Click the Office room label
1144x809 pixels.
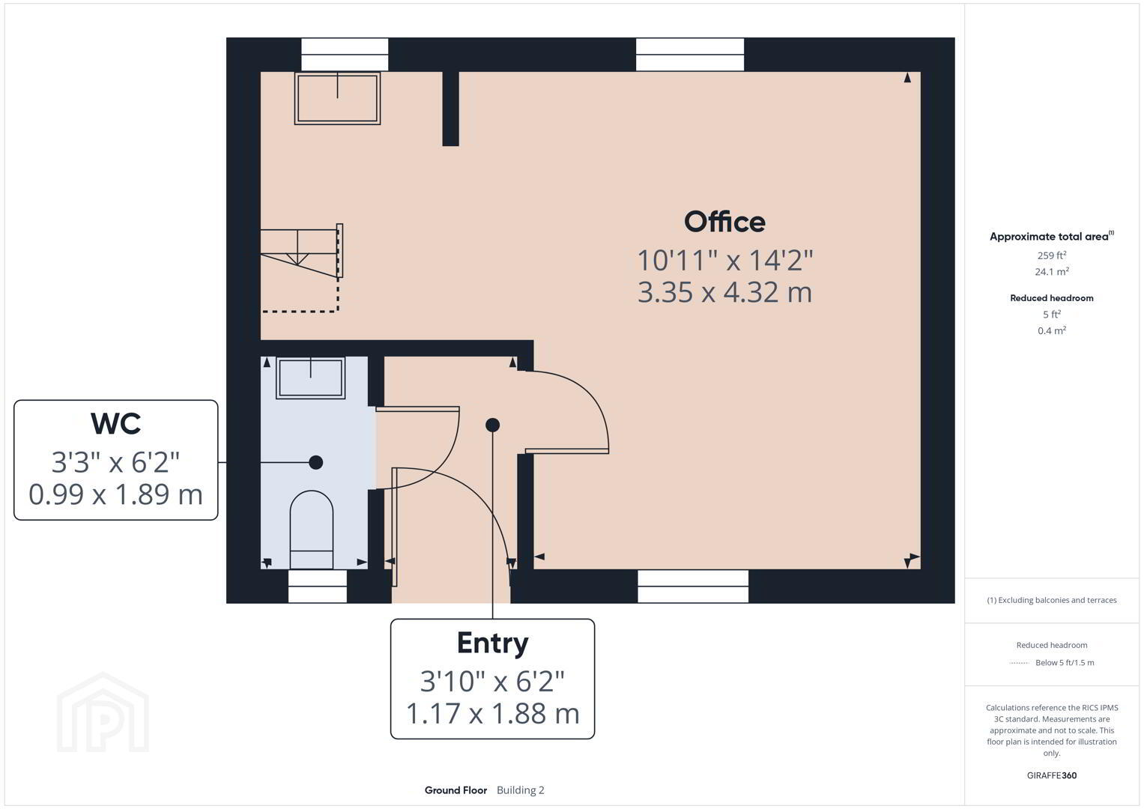724,222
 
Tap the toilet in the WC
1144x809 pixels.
312,530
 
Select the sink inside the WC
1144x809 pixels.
310,378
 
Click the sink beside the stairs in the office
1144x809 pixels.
338,99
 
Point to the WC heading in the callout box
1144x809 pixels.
115,423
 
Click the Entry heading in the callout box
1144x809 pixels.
492,643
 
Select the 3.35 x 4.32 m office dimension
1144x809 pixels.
724,293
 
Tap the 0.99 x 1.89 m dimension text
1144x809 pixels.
115,495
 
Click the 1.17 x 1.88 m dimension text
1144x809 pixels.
492,713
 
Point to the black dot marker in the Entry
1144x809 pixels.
492,425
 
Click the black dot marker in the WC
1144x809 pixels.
316,462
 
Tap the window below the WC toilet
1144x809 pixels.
318,586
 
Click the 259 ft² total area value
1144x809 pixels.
1052,255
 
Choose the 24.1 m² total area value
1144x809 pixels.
1052,271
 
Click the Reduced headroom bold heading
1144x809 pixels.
1052,298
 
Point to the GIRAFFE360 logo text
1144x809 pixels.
1052,775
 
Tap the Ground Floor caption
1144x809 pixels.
456,790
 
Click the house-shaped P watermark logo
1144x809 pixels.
103,712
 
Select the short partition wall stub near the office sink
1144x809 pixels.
450,109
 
